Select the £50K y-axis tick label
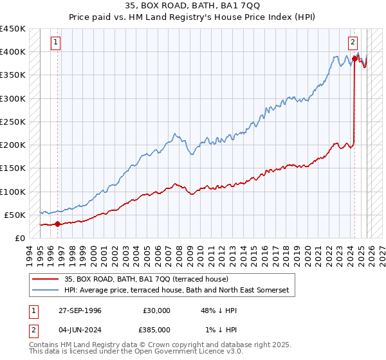pyautogui.click(x=15, y=215)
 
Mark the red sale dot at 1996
pyautogui.click(x=57, y=224)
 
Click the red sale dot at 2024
pyautogui.click(x=354, y=59)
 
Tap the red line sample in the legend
pyautogui.click(x=45, y=279)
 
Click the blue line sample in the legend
pyautogui.click(x=45, y=291)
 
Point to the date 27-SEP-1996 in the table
pyautogui.click(x=77, y=310)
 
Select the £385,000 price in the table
pyautogui.click(x=156, y=330)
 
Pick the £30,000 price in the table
pyautogui.click(x=156, y=310)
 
